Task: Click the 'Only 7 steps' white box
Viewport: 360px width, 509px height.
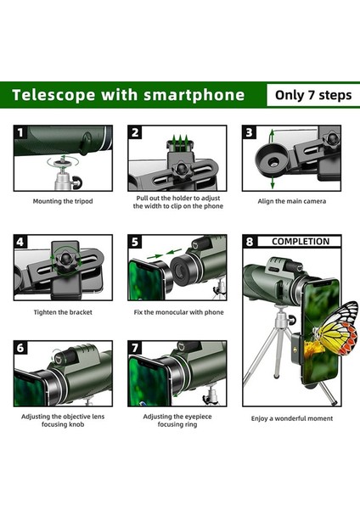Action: pyautogui.click(x=313, y=95)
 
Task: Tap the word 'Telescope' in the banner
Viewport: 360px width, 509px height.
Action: pyautogui.click(x=54, y=95)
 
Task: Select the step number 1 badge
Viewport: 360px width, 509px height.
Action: pyautogui.click(x=20, y=133)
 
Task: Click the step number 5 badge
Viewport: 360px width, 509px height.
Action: pyautogui.click(x=135, y=242)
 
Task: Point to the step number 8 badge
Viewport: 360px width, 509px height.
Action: pyautogui.click(x=250, y=242)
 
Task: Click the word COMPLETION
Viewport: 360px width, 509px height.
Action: pyautogui.click(x=301, y=242)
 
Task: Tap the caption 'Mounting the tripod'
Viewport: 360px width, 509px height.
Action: pyautogui.click(x=63, y=201)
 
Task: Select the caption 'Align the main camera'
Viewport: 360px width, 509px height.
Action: pyautogui.click(x=292, y=201)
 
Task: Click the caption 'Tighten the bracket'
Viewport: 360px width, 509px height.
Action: pyautogui.click(x=63, y=312)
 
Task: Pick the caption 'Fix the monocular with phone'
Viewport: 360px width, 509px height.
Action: pyautogui.click(x=178, y=312)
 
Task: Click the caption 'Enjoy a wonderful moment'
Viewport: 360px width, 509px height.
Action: pyautogui.click(x=292, y=418)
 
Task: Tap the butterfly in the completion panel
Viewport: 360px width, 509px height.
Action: pyautogui.click(x=336, y=327)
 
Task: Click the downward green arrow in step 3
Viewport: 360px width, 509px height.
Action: pyautogui.click(x=273, y=182)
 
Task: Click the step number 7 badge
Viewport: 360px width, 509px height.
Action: pyautogui.click(x=135, y=348)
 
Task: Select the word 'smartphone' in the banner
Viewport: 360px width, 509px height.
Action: pyautogui.click(x=194, y=95)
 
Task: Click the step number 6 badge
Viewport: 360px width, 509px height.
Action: pyautogui.click(x=20, y=348)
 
